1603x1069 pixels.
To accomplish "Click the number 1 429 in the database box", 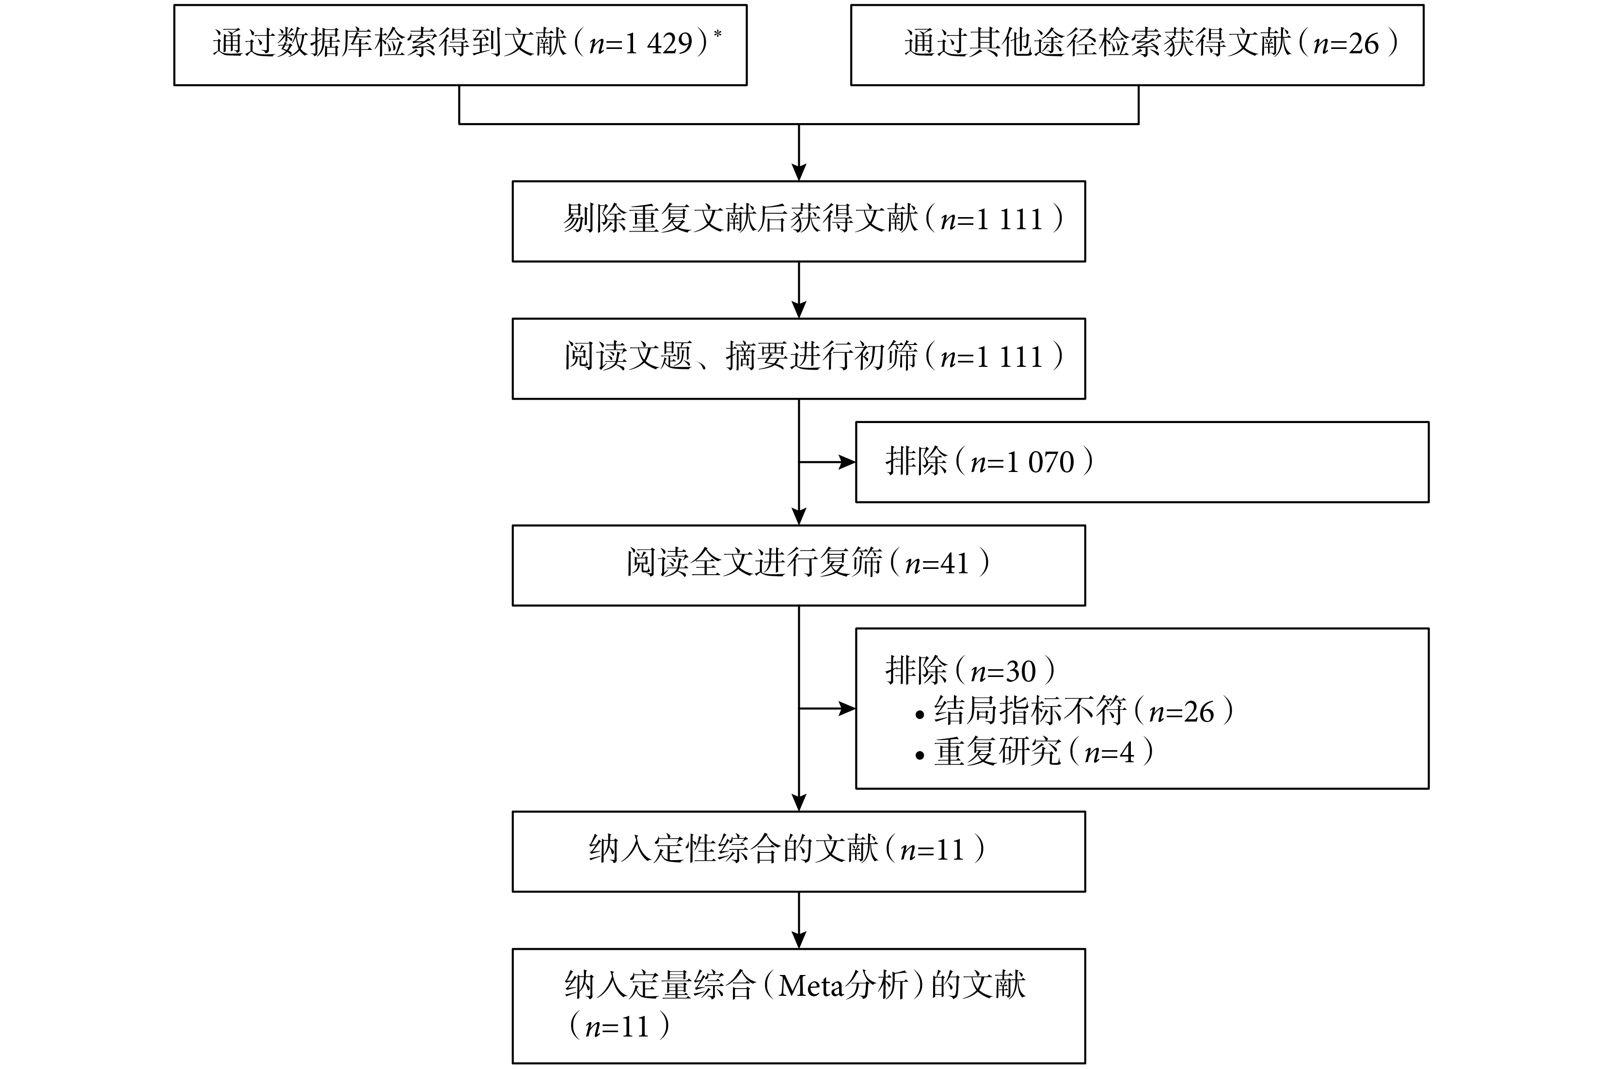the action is click(659, 44).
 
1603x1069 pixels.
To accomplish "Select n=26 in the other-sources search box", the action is click(1347, 44).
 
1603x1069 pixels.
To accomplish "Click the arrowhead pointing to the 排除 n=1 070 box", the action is click(847, 462).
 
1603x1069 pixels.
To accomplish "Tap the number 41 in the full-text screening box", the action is click(954, 564).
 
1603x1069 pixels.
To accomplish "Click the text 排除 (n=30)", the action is click(971, 671).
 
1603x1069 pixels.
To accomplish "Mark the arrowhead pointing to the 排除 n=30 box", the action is click(847, 708).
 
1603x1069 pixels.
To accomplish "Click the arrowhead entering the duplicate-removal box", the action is click(799, 173).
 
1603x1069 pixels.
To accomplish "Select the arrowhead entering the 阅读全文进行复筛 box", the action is click(799, 517).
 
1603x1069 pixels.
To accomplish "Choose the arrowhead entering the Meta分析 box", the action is click(799, 940).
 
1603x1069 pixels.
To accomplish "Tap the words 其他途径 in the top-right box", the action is click(1033, 44).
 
